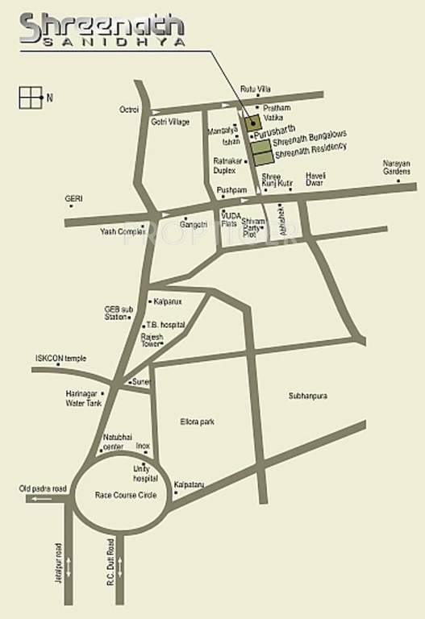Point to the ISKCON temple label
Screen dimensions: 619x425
(60, 359)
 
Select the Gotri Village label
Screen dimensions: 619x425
(170, 122)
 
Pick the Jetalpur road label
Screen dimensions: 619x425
(58, 562)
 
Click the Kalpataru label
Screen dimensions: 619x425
(191, 484)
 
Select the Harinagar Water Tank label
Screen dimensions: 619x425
(84, 398)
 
